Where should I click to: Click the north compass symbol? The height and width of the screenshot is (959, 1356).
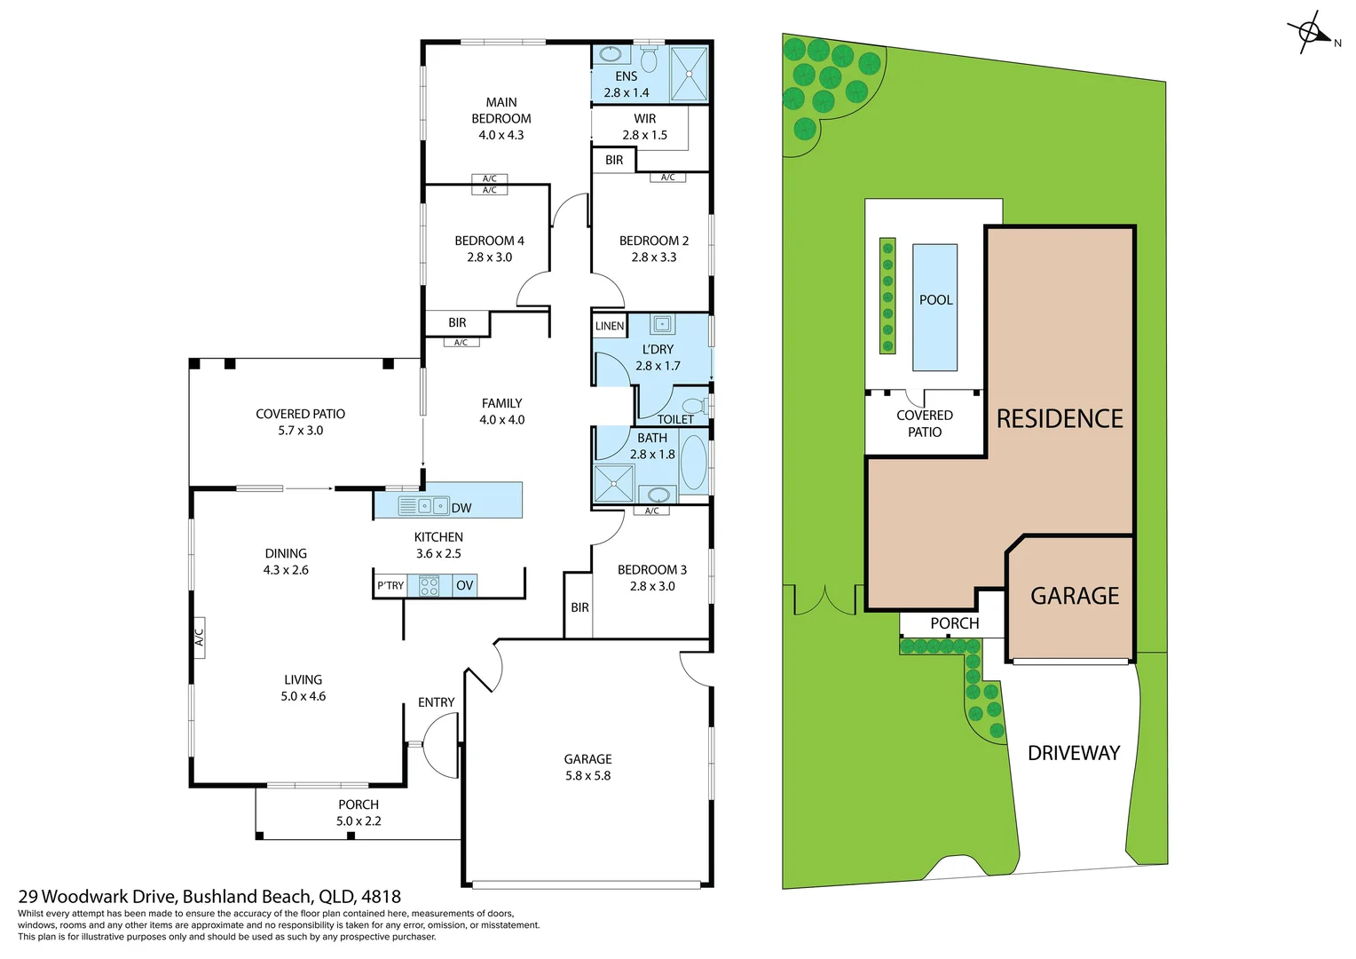pos(1309,32)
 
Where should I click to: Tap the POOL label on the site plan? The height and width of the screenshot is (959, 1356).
pos(935,300)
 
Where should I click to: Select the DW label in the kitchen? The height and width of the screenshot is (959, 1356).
pos(461,508)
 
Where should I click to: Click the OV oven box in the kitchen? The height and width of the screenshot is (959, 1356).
pos(464,585)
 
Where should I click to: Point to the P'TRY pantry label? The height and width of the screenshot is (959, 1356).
pos(390,585)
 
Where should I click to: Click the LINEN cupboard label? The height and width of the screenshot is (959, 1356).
pos(610,326)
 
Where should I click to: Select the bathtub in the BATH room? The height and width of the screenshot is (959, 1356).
pos(694,462)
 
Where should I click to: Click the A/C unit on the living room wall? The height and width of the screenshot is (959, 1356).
pos(199,637)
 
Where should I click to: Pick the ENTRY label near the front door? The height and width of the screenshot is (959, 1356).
pos(436,702)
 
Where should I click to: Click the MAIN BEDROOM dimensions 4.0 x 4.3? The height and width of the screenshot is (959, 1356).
pos(501,135)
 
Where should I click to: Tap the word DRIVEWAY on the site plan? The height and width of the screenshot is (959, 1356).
pos(1074,753)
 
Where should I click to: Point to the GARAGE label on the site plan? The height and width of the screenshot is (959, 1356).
pos(1075,596)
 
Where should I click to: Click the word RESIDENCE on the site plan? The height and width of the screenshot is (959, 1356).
pos(1060,418)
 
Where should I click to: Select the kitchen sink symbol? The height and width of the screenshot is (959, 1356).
pos(424,506)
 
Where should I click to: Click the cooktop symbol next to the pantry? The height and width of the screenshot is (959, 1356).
pos(430,586)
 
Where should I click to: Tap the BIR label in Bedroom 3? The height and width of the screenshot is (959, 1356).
pos(579,607)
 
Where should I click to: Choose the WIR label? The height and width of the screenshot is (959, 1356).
pos(644,119)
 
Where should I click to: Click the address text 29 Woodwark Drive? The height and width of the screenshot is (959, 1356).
pos(98,896)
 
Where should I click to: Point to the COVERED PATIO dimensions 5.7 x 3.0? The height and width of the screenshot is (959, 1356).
pos(300,431)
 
